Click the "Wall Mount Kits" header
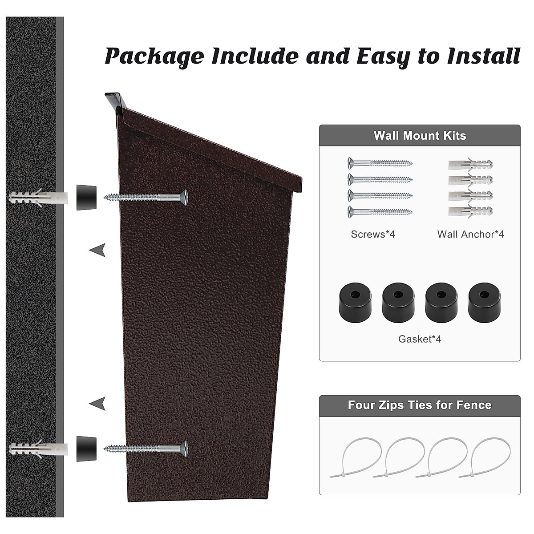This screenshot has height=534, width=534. click(420, 136)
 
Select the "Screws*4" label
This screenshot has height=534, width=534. click(373, 234)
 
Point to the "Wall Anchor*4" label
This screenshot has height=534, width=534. click(470, 234)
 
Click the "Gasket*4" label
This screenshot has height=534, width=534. click(420, 339)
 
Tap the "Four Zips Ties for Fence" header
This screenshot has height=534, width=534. click(420, 405)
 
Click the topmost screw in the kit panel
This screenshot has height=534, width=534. click(380, 163)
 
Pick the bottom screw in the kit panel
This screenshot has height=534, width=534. click(380, 212)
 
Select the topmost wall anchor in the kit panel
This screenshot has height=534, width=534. click(470, 165)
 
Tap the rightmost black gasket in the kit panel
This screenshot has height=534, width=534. click(484, 303)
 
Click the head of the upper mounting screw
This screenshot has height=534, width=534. click(184, 197)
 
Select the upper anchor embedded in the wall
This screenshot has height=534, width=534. click(38, 197)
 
